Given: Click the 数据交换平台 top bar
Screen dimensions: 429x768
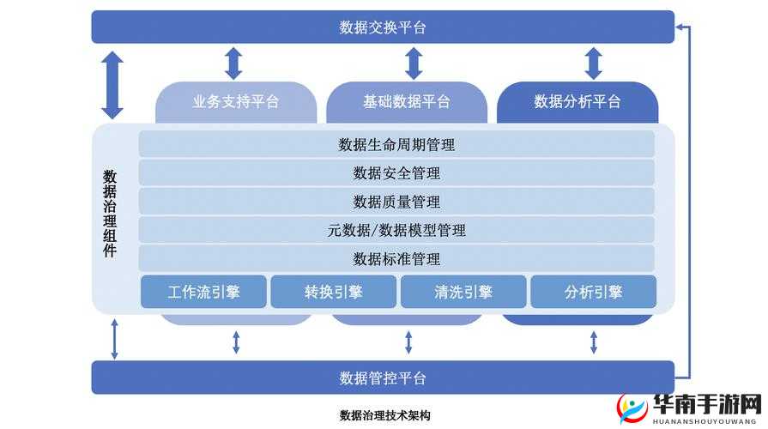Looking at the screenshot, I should pos(383,27).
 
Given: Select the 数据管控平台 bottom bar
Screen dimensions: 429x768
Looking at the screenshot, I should pos(383,378).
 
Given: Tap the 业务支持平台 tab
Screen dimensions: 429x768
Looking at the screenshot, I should pos(236,101).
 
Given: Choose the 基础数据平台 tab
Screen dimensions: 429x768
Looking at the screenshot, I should pos(406,101).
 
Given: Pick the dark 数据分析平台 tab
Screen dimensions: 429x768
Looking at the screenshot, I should pos(578,101).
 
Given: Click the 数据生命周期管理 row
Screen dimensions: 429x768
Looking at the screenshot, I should pos(396,144).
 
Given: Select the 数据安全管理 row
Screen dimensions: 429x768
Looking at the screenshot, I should pos(396,173).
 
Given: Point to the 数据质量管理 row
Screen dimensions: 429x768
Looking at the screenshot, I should pos(396,202).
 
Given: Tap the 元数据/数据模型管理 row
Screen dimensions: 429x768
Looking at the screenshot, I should pos(396,230).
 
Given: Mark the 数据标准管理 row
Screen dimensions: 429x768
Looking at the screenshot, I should pos(396,258).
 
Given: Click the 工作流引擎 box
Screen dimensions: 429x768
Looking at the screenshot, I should pos(203,292).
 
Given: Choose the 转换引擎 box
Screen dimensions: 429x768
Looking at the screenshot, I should pos(333,292).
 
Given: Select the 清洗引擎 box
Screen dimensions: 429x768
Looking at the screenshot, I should pos(463,292).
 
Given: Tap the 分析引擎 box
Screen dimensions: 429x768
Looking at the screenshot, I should pos(593,292).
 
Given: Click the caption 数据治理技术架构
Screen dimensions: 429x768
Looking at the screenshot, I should pos(384,415).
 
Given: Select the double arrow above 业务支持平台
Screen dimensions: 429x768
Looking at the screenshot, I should pos(233,63).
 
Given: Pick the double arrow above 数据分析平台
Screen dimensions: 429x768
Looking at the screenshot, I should pos(593,63).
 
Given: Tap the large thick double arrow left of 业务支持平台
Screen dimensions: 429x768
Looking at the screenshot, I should pos(112,85).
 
